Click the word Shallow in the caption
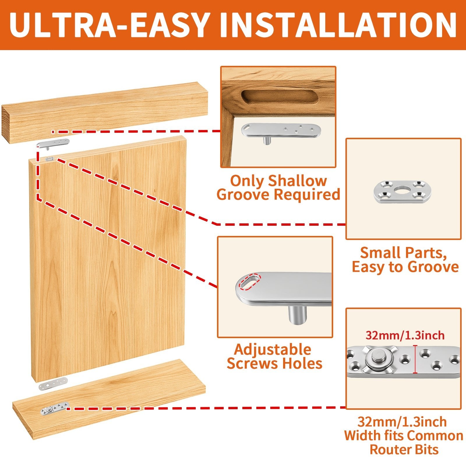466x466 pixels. click(x=297, y=181)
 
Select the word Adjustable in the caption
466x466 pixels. click(x=273, y=350)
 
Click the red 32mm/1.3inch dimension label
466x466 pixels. click(x=405, y=336)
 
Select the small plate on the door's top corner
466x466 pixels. click(x=50, y=159)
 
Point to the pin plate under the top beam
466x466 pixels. click(x=53, y=144)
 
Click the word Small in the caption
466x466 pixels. click(x=378, y=253)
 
